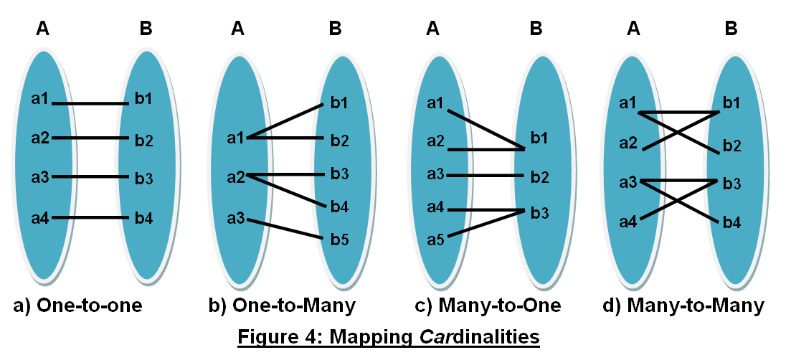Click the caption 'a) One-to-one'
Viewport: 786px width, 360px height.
78,306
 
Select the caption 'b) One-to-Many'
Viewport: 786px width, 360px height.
282,306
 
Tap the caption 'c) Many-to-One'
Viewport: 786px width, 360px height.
488,306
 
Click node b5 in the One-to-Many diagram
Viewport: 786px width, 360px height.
340,239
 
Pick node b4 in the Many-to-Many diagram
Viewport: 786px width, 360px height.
731,222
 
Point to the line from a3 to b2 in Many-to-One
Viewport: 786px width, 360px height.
485,175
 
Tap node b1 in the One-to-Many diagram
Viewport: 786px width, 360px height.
339,102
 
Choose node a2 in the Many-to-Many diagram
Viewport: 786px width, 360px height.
629,144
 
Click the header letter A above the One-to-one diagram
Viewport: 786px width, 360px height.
42,29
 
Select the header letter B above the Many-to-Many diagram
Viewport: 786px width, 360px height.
731,29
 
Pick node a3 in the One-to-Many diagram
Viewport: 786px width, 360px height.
236,217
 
